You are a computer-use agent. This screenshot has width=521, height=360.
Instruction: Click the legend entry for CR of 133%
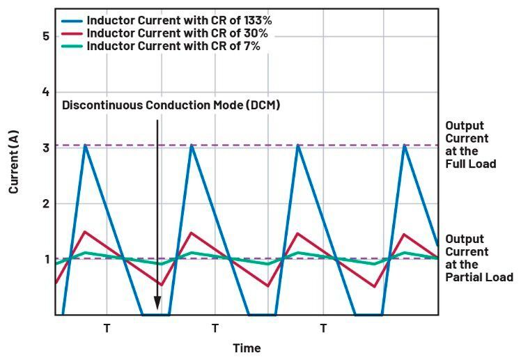(178, 21)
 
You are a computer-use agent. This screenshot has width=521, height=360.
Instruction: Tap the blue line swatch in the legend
(72, 21)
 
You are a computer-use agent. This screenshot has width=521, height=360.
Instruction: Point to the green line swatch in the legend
(72, 47)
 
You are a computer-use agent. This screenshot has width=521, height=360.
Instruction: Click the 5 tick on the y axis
(45, 36)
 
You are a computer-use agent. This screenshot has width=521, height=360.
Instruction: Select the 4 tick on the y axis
(45, 92)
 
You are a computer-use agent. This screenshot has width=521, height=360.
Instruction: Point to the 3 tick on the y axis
(45, 148)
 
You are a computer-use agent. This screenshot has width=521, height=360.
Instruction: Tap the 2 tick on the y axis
(45, 204)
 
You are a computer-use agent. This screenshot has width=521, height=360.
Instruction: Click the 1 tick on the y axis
(45, 259)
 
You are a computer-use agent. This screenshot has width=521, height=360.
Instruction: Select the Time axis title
(247, 347)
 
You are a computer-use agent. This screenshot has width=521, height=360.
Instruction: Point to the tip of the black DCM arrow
(157, 308)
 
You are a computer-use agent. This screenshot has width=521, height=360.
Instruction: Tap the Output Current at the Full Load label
(471, 145)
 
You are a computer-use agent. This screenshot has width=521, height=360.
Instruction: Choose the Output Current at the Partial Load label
(479, 258)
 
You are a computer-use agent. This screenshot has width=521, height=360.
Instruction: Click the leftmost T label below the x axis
(107, 327)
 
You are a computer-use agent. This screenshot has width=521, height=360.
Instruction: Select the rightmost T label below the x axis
(323, 327)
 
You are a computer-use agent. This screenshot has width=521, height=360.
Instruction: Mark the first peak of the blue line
(85, 145)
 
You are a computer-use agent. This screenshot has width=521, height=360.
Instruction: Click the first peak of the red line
(85, 232)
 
